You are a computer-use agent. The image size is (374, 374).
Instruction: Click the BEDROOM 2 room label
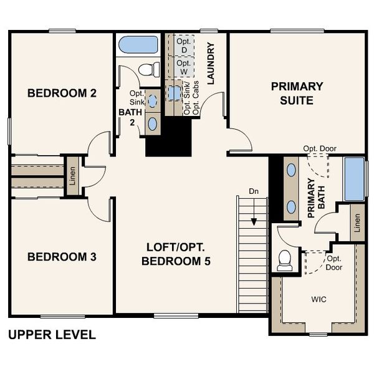tap(62, 93)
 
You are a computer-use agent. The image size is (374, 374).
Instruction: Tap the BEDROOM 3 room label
tap(62, 257)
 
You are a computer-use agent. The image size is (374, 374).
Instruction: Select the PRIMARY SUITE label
tap(297, 93)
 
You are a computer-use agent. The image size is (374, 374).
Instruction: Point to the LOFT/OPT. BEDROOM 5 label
tap(176, 254)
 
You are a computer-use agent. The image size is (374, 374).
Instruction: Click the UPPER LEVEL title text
tap(52, 335)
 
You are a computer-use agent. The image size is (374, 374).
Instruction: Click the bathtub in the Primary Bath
tap(354, 178)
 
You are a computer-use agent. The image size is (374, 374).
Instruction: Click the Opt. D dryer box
tap(183, 46)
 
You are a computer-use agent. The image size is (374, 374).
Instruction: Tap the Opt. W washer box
tap(183, 67)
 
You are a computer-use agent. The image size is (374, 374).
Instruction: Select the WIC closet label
tap(319, 299)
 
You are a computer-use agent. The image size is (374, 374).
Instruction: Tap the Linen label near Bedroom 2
tap(72, 176)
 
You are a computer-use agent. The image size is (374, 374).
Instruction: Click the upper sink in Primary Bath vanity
tap(291, 170)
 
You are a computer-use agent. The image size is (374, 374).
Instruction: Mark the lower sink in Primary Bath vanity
tap(291, 206)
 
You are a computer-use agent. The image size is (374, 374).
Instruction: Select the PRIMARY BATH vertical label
tap(316, 198)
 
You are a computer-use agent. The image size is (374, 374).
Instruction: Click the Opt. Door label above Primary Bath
tap(319, 148)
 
